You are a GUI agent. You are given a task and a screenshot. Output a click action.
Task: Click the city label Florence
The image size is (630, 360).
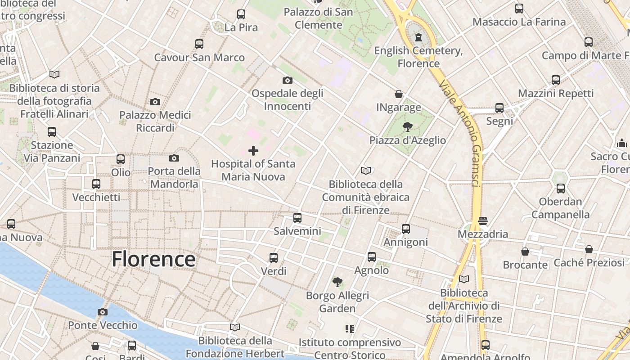tap(153, 260)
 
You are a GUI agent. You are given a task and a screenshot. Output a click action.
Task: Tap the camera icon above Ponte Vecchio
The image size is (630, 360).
tap(103, 312)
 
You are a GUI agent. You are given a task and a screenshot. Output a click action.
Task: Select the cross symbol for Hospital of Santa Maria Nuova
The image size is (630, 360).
tap(253, 151)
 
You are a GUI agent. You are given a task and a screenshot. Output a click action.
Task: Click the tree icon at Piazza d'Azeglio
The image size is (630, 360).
tap(408, 127)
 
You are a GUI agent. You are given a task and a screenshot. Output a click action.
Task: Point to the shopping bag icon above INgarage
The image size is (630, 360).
tap(399, 94)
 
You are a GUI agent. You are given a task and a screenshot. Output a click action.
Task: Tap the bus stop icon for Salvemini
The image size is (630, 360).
tap(297, 218)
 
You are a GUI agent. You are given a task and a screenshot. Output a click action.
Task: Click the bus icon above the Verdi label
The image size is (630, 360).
tap(274, 258)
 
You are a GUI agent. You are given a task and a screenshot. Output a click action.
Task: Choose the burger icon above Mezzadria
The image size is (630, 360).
tap(483, 221)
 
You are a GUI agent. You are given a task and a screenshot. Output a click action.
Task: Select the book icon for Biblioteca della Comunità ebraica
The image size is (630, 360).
tap(366, 171)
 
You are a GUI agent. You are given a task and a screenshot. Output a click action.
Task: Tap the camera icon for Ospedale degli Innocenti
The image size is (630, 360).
tap(287, 81)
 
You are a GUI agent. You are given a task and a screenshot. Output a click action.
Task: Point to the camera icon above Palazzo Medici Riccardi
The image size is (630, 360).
tap(155, 102)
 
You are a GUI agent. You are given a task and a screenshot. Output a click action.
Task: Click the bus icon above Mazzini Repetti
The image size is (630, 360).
tap(556, 80)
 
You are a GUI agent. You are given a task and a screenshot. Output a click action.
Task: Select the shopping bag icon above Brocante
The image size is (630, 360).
tap(525, 252)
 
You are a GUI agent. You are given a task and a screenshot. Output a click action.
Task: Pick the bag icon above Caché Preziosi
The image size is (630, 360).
tap(589, 249)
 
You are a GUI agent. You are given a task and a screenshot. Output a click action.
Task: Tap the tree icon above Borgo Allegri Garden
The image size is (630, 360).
tap(337, 282)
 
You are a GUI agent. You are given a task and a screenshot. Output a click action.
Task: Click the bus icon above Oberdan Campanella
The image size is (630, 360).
tap(560, 189)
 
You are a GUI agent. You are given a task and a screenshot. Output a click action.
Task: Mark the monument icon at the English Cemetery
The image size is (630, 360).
tap(418, 37)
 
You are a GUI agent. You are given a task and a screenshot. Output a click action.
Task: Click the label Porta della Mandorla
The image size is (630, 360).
tap(174, 178)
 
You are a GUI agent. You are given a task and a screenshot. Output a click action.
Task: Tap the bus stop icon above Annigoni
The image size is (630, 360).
tap(406, 229)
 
